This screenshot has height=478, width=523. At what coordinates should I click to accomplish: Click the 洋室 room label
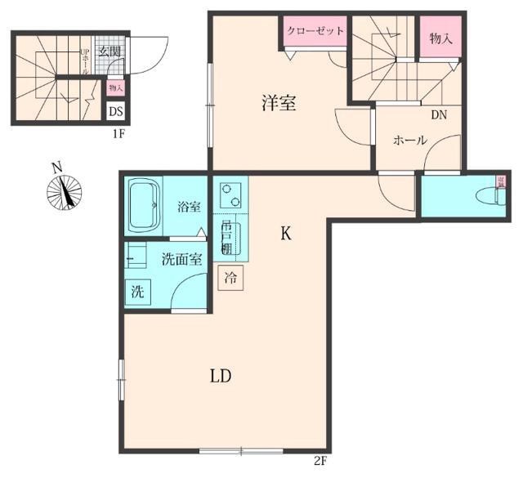click(x=279, y=104)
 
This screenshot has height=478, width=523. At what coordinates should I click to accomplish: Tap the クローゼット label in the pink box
click(x=315, y=31)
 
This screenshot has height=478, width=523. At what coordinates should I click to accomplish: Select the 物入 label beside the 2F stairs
click(x=441, y=38)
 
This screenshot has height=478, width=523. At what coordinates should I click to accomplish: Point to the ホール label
click(x=410, y=141)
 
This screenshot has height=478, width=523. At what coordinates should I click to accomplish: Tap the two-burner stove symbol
click(x=231, y=194)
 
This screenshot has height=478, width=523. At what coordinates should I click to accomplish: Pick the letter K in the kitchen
click(x=286, y=235)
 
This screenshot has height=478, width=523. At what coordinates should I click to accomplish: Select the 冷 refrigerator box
click(x=231, y=277)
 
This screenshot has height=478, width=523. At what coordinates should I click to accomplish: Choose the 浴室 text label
click(x=189, y=207)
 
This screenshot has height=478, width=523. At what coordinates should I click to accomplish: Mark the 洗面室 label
click(x=181, y=261)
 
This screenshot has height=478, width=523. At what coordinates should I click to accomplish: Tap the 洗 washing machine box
click(x=138, y=292)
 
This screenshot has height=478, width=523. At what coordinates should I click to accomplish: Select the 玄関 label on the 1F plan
click(x=110, y=51)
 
